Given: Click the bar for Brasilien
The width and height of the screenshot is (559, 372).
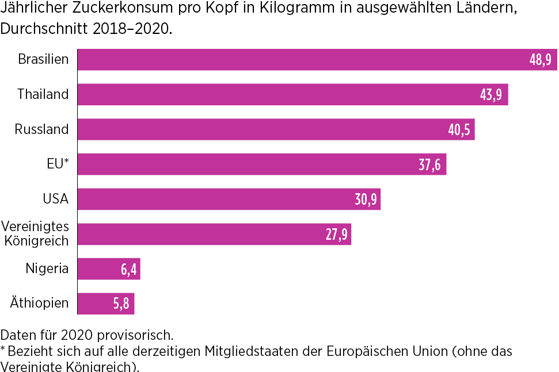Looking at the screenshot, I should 299,60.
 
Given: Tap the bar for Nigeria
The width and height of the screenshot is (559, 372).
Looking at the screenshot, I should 98,269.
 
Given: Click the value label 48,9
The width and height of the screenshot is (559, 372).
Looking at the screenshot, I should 540,60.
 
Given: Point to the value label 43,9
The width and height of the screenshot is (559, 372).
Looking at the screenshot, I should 490,94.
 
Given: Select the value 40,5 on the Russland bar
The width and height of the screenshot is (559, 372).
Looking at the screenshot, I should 459,130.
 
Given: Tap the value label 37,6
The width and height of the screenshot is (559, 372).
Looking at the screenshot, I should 429,165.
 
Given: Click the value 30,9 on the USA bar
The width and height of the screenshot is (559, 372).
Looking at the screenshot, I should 366,200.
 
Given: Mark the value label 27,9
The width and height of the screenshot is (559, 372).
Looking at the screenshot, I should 336,235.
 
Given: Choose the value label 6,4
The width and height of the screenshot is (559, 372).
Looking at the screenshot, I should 128,269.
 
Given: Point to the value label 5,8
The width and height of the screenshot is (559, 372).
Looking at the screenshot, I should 121,304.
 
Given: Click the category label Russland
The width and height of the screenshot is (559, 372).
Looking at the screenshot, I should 41,129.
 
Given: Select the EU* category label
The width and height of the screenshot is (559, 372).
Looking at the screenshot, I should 58,164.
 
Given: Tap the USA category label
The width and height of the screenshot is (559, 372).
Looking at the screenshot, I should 55,199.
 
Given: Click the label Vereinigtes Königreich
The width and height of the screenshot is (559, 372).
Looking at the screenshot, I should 36,234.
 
